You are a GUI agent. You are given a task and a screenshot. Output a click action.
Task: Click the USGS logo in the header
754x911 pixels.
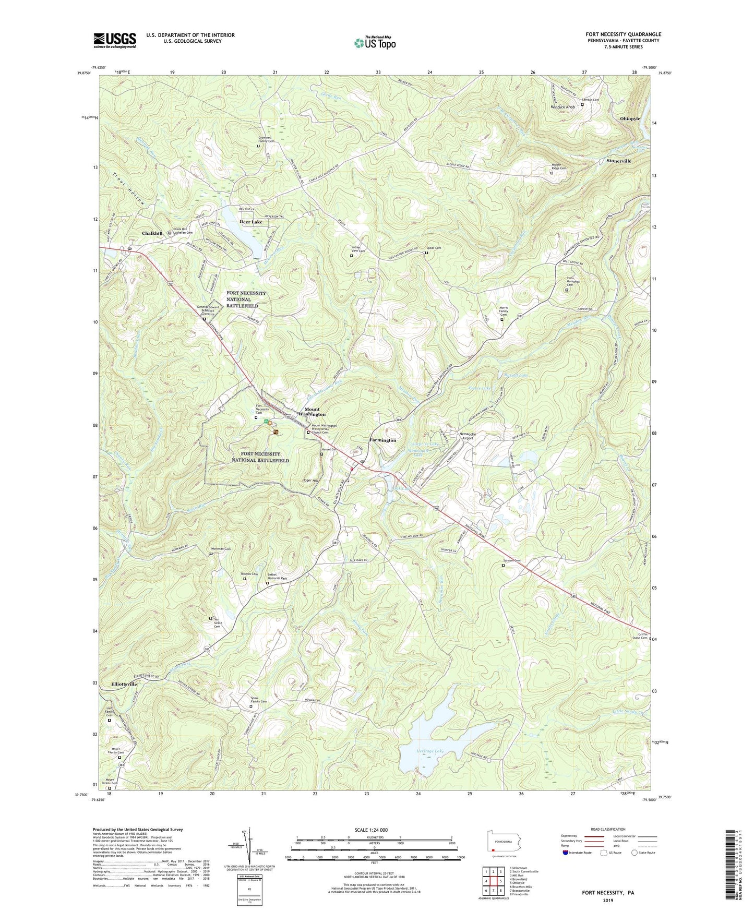(x=115, y=40)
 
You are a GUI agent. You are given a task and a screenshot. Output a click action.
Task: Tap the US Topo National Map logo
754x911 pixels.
(x=374, y=42)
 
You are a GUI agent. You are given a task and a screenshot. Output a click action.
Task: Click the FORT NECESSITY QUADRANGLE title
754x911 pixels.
(x=623, y=34)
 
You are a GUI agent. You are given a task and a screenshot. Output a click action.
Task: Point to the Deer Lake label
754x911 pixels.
(x=250, y=222)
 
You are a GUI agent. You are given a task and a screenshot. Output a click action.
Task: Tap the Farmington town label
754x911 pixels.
(x=382, y=440)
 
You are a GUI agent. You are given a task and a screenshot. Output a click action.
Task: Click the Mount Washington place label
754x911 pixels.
(x=312, y=411)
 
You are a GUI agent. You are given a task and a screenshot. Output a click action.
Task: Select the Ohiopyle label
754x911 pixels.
(x=630, y=118)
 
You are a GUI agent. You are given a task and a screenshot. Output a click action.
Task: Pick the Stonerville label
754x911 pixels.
(x=618, y=161)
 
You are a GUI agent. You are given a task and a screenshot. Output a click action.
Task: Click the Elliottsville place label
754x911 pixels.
(x=124, y=684)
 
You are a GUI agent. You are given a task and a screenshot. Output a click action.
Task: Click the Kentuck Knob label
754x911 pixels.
(x=562, y=107)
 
